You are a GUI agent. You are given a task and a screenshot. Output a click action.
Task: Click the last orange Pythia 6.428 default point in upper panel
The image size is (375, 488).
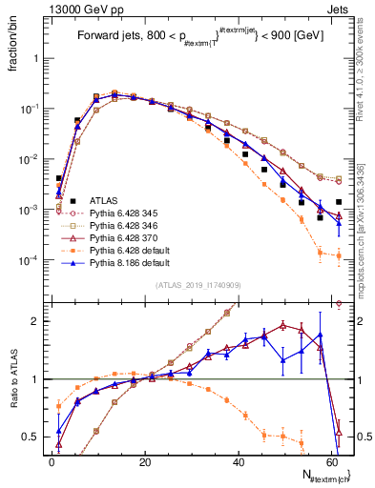coord(339,255)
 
